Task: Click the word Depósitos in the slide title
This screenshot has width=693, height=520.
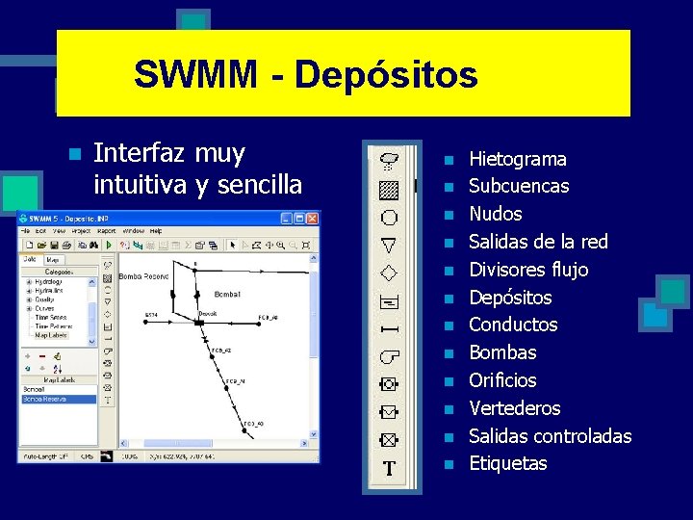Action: (x=386, y=74)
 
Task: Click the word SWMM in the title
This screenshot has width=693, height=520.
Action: (x=195, y=74)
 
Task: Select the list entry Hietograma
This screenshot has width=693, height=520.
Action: (x=517, y=159)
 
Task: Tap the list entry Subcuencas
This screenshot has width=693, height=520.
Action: (x=518, y=186)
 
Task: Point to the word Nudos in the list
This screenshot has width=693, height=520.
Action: (x=495, y=214)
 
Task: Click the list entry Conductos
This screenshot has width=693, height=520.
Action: (x=512, y=325)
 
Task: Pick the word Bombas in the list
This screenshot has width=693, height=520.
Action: (x=501, y=352)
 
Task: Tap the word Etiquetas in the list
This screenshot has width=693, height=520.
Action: (x=507, y=463)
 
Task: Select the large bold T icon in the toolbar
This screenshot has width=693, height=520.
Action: (x=389, y=469)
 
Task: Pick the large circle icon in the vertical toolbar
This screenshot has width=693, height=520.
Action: (x=389, y=217)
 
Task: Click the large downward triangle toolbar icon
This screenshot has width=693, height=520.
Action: (x=389, y=245)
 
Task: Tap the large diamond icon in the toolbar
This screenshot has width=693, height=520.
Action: (x=389, y=273)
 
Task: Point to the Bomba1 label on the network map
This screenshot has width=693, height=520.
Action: (x=227, y=294)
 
